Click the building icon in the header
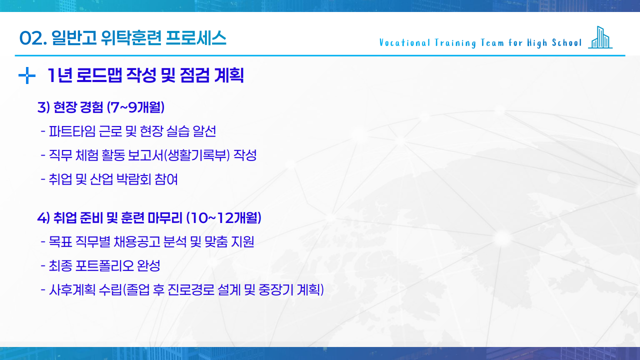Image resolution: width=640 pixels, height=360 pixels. [600, 37]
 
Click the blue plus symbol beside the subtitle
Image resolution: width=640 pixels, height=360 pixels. [26, 76]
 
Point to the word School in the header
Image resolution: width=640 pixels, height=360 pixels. [567, 42]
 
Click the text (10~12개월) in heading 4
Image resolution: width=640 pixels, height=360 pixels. [223, 218]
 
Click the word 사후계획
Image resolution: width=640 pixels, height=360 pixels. [65, 290]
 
